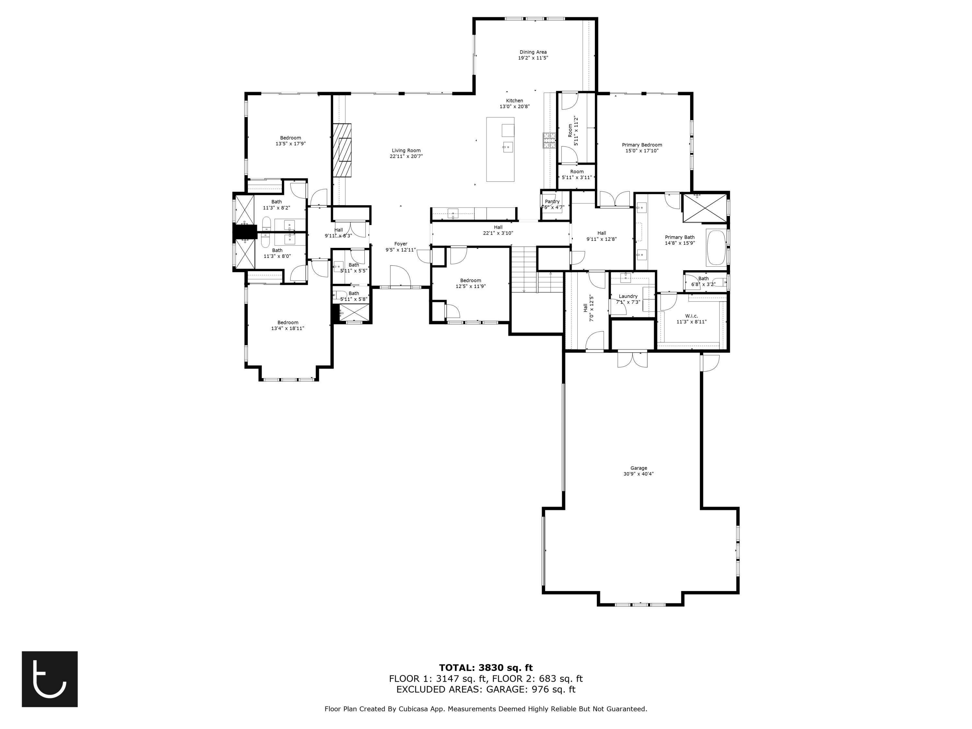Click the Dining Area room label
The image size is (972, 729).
click(x=533, y=52)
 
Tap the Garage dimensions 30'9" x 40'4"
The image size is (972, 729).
click(x=639, y=474)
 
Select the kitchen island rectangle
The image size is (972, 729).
click(x=500, y=149)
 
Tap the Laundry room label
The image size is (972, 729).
click(x=628, y=296)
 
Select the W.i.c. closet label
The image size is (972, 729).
click(x=691, y=316)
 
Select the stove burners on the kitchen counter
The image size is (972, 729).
click(x=549, y=141)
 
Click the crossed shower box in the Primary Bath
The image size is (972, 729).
click(x=704, y=208)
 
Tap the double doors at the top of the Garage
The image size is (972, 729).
click(x=632, y=359)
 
